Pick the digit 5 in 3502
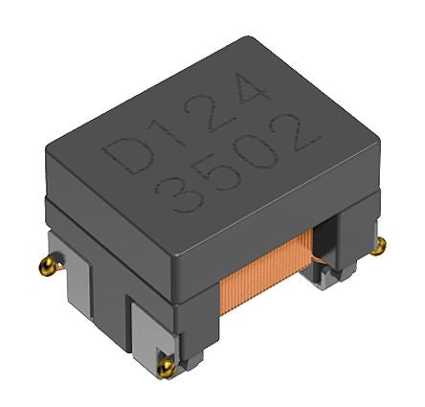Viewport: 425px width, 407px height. click(219, 174)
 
